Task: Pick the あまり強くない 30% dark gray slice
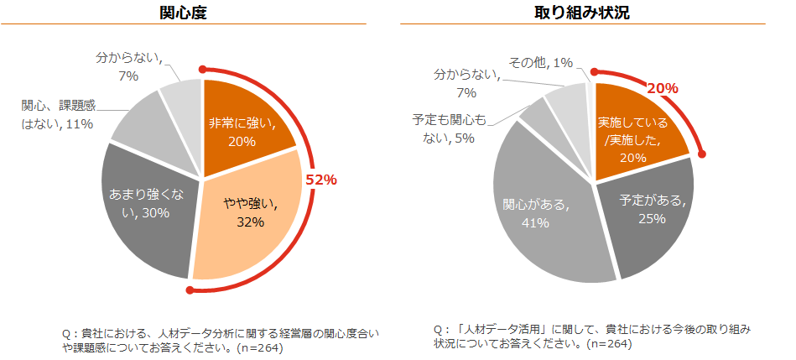click(143, 206)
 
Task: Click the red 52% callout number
click(320, 180)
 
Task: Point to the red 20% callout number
click(663, 88)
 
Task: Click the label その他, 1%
click(541, 62)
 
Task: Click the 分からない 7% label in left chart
click(128, 67)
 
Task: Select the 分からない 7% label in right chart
click(466, 82)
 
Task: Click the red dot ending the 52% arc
click(191, 291)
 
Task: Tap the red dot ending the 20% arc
click(703, 154)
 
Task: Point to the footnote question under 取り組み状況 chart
click(587, 334)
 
